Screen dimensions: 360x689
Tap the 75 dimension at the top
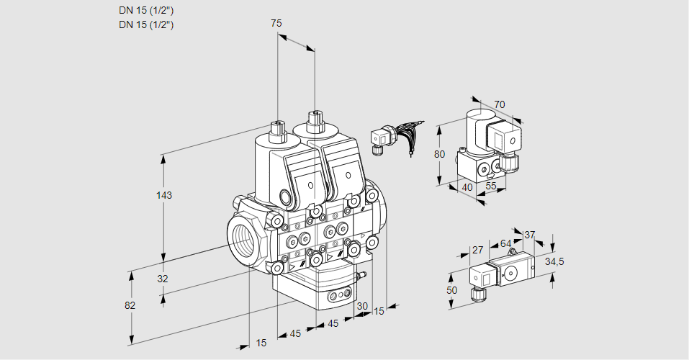click(276, 23)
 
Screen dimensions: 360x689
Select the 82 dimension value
click(130, 305)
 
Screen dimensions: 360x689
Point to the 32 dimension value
click(162, 279)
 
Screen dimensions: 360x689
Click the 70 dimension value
click(500, 104)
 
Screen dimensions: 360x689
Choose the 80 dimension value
click(441, 154)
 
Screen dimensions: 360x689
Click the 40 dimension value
click(467, 187)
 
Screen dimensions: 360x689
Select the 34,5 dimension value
click(554, 261)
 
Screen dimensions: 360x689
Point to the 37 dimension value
click(530, 235)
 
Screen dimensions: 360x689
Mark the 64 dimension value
click(505, 243)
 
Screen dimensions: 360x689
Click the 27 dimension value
click(477, 250)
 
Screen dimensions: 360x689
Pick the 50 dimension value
click(451, 289)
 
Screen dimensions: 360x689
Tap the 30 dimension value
click(361, 305)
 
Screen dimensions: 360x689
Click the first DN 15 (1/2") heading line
click(147, 10)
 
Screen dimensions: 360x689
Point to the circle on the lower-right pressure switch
click(512, 273)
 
